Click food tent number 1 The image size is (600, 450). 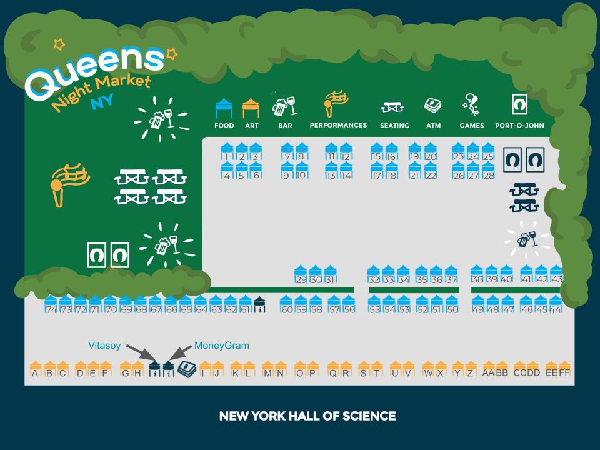click(x=227, y=151)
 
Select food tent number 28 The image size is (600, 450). click(x=488, y=170)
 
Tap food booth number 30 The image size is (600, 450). click(x=315, y=274)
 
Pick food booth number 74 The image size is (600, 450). click(x=51, y=304)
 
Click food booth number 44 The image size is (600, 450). click(x=556, y=304)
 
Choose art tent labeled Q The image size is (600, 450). click(x=333, y=369)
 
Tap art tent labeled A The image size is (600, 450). click(x=36, y=369)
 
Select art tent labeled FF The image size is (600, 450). click(x=564, y=369)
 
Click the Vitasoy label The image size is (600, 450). click(x=104, y=346)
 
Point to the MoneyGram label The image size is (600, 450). click(x=221, y=346)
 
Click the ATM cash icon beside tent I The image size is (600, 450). click(x=187, y=369)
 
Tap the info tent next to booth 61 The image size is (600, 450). click(x=259, y=304)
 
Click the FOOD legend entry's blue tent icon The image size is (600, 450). click(x=224, y=108)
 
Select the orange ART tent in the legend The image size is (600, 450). click(x=251, y=108)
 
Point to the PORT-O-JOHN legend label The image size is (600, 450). click(x=519, y=126)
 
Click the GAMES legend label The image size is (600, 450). click(x=472, y=126)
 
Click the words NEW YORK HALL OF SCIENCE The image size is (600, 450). click(x=307, y=416)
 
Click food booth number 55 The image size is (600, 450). click(x=374, y=304)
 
